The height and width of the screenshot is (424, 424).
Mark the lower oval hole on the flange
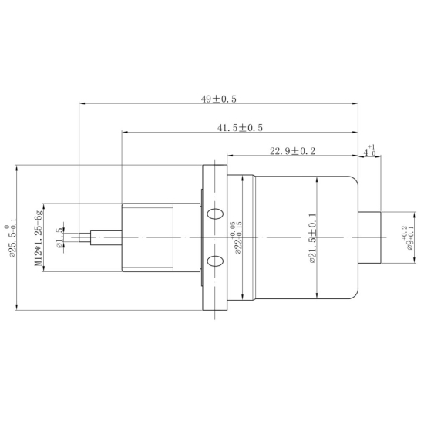(x=217, y=262)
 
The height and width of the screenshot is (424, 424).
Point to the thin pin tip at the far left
(x=84, y=237)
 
